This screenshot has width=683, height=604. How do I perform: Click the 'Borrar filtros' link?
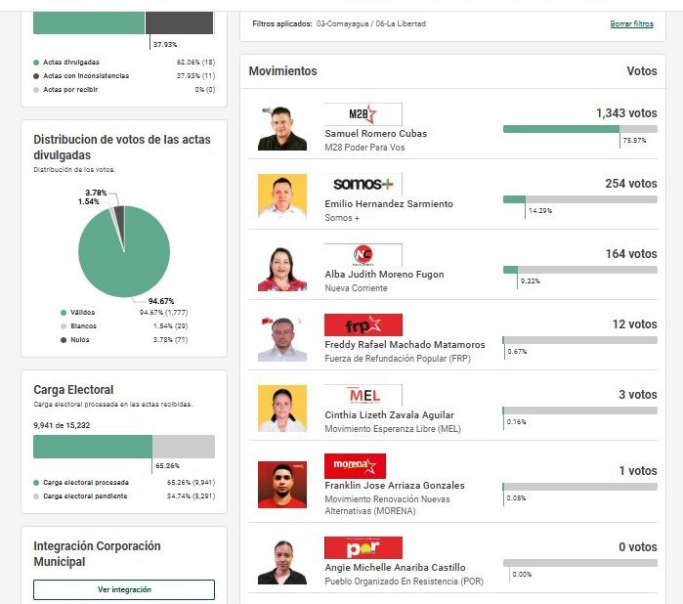pyautogui.click(x=631, y=23)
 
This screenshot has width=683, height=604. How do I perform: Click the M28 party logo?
pyautogui.click(x=363, y=114)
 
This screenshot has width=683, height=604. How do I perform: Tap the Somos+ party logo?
pyautogui.click(x=363, y=184)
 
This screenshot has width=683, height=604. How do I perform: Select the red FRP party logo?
pyautogui.click(x=363, y=324)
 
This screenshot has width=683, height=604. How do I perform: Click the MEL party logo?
pyautogui.click(x=363, y=395)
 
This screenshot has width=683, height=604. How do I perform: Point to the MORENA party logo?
pyautogui.click(x=355, y=465)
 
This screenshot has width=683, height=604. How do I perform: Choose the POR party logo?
pyautogui.click(x=363, y=547)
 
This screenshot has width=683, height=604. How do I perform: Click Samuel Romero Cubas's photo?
pyautogui.click(x=282, y=127)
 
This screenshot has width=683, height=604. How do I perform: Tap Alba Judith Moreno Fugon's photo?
pyautogui.click(x=282, y=268)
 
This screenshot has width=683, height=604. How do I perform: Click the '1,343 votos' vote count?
pyautogui.click(x=625, y=113)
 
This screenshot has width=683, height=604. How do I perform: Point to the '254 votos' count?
pyautogui.click(x=630, y=184)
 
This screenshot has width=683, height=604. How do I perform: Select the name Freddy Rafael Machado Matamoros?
pyautogui.click(x=405, y=345)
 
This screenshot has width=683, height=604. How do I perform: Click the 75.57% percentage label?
pyautogui.click(x=634, y=141)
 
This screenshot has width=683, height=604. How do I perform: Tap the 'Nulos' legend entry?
pyautogui.click(x=78, y=340)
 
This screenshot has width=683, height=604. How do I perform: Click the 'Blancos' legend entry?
pyautogui.click(x=82, y=326)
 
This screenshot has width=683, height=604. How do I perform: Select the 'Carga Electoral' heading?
pyautogui.click(x=73, y=390)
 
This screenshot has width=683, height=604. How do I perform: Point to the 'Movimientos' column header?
pyautogui.click(x=282, y=71)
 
